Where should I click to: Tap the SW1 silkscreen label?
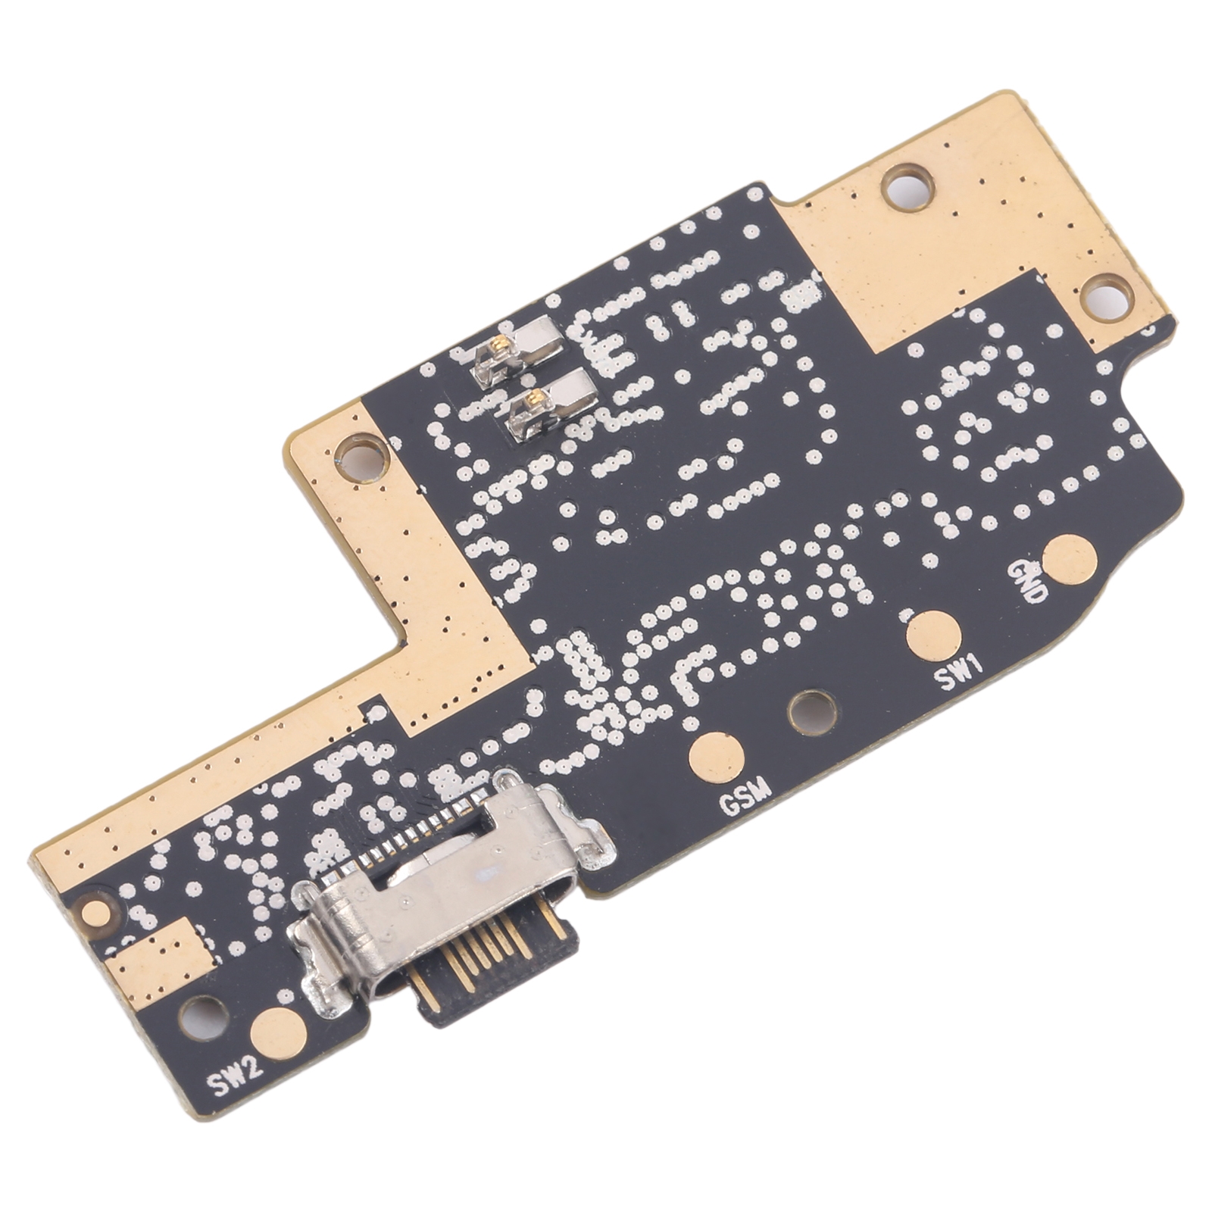coord(960,673)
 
